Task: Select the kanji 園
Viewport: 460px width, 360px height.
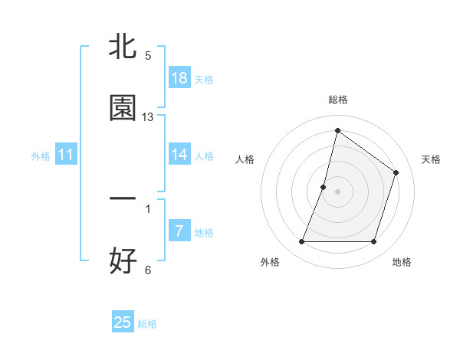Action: click(x=123, y=108)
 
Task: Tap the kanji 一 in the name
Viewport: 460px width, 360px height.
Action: click(x=123, y=198)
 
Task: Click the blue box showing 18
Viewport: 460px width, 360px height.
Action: click(x=179, y=78)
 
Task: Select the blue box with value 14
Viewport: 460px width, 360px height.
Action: click(x=179, y=155)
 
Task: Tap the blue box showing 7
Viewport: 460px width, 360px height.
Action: click(x=179, y=231)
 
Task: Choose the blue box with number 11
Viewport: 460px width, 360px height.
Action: click(x=66, y=155)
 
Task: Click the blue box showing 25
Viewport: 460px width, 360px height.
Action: click(x=123, y=322)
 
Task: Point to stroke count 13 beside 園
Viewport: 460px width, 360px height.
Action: click(x=148, y=117)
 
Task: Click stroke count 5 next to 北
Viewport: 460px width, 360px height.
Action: click(x=148, y=56)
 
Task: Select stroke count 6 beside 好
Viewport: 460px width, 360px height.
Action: click(x=148, y=270)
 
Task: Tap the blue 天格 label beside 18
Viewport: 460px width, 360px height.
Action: click(x=204, y=80)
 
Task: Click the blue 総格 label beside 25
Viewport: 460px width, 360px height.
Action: click(x=147, y=324)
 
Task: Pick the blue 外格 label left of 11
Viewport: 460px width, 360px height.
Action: click(x=41, y=156)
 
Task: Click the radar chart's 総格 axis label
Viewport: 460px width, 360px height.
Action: click(x=337, y=100)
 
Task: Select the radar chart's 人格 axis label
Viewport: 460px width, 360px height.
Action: click(x=245, y=159)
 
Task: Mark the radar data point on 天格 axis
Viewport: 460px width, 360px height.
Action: click(x=396, y=172)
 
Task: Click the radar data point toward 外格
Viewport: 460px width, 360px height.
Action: click(x=301, y=242)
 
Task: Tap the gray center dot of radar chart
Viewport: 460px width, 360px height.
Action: click(x=337, y=191)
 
